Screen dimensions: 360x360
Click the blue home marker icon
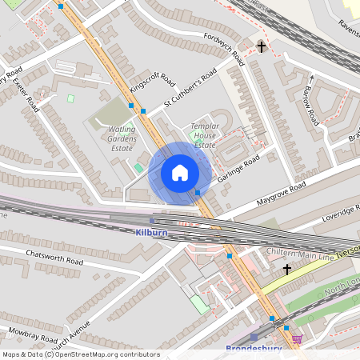[180, 173]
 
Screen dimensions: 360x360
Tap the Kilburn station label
[152, 231]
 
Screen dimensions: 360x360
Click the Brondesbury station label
[254, 349]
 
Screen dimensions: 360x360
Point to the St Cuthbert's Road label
[190, 89]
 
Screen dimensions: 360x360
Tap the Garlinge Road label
[239, 169]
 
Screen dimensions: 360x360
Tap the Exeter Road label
[23, 95]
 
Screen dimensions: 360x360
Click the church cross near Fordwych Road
[261, 47]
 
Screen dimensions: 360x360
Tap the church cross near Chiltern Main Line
[286, 270]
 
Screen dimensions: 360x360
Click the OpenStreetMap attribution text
[80, 354]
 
